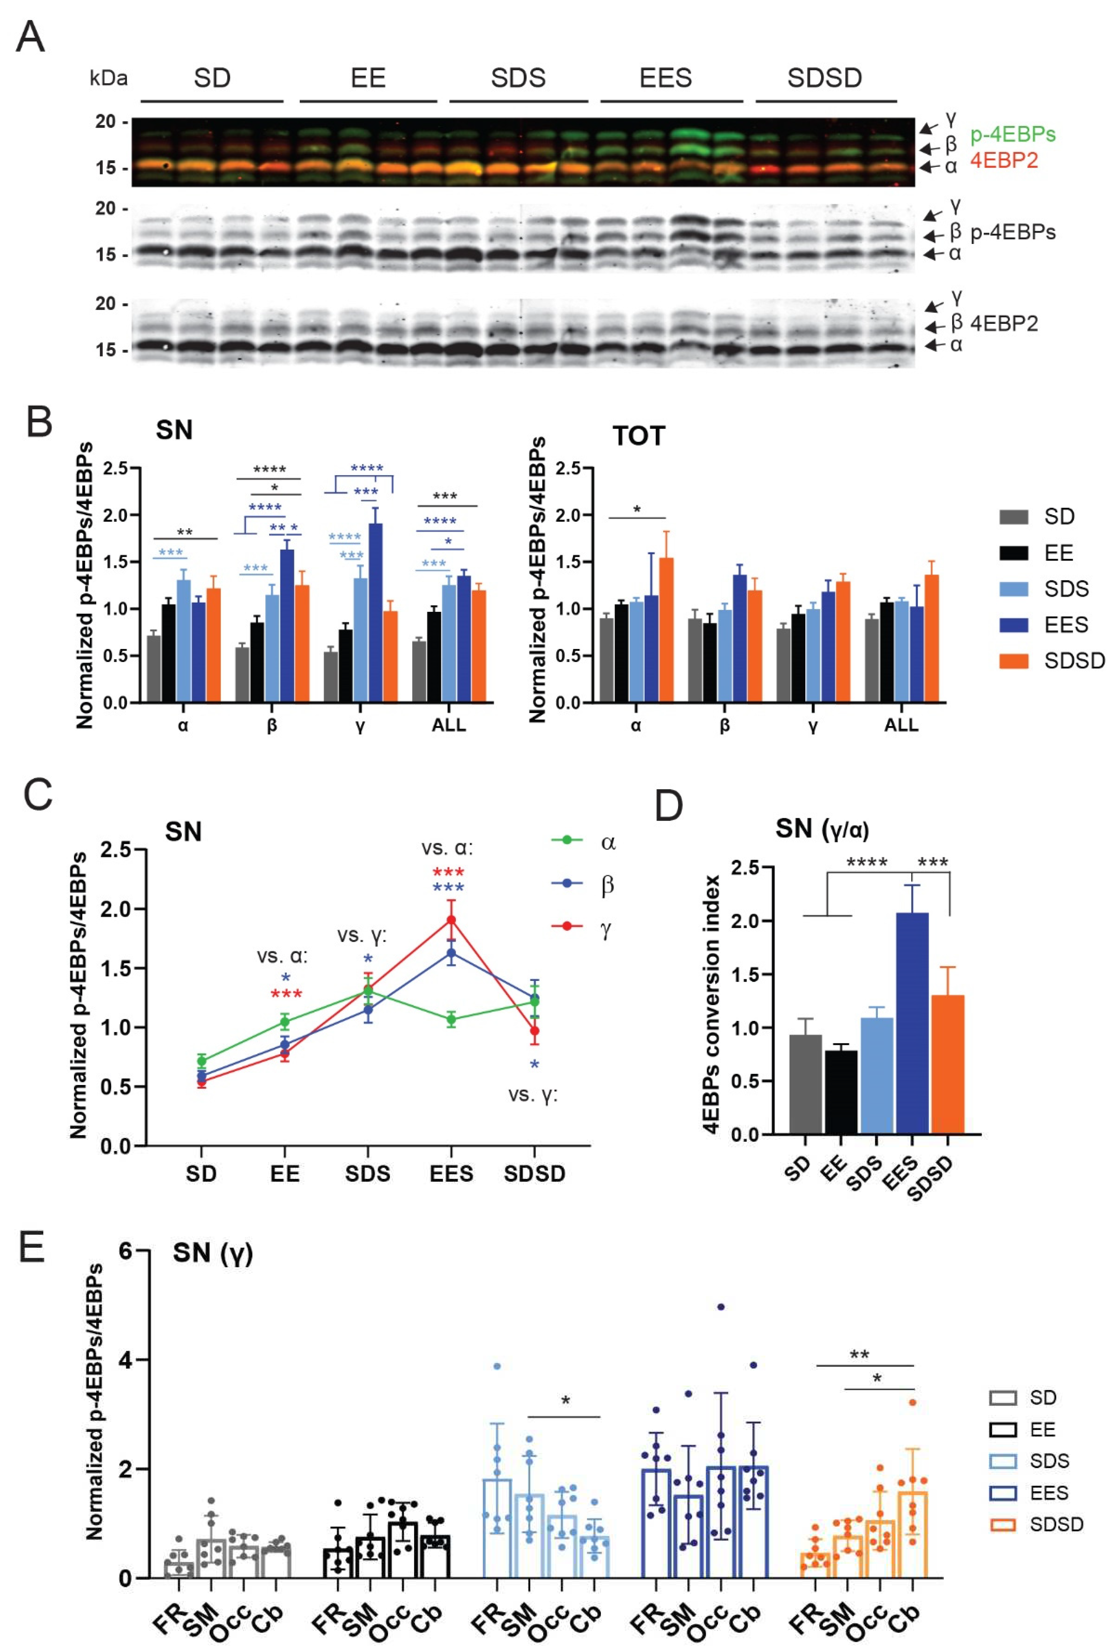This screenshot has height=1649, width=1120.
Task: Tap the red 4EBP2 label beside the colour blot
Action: click(1003, 161)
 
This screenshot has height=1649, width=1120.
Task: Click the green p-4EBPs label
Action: click(1012, 134)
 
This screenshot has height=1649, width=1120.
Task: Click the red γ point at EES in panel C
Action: click(451, 920)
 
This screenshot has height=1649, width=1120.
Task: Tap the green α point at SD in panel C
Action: click(202, 1061)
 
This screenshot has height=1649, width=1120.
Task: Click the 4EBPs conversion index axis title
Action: click(711, 1004)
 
